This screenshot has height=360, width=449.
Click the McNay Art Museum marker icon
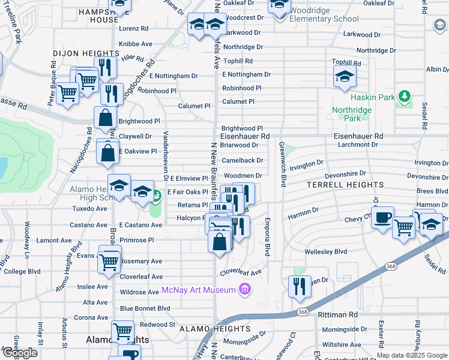pyautogui.click(x=244, y=290)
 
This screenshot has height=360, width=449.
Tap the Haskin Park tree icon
pyautogui.click(x=405, y=96)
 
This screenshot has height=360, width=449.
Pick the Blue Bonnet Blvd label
pyautogui.click(x=145, y=308)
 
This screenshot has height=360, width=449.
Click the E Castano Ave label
pyautogui.click(x=140, y=225)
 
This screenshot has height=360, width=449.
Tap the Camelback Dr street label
pyautogui.click(x=242, y=161)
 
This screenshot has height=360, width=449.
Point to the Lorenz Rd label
pyautogui.click(x=134, y=28)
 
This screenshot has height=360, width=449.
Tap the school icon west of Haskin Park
pyautogui.click(x=345, y=76)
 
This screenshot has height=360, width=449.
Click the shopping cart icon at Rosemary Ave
pyautogui.click(x=109, y=262)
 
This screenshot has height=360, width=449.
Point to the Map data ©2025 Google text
pyautogui.click(x=412, y=355)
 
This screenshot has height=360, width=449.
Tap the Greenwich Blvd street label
pyautogui.click(x=281, y=164)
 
